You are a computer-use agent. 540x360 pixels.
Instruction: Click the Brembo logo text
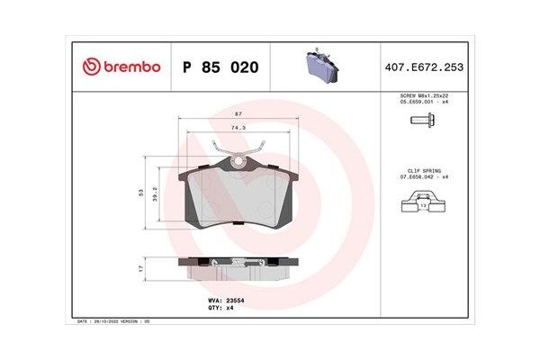130,67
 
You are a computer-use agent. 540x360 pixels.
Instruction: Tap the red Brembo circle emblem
90,67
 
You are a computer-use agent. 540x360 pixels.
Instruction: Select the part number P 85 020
220,67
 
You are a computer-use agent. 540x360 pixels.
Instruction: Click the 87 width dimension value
238,114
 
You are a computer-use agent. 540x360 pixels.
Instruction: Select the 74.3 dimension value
238,129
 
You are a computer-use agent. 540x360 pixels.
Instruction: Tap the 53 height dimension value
142,193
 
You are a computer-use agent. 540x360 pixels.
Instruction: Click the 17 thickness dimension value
142,267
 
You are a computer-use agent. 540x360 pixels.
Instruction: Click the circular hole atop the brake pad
238,162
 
